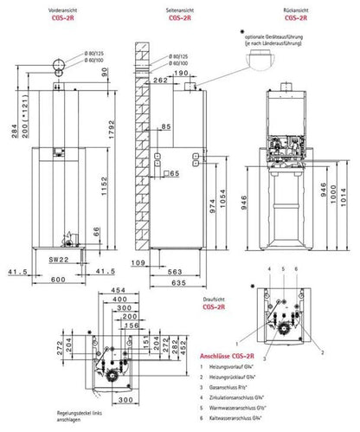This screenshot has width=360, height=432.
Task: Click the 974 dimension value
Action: click(x=209, y=209)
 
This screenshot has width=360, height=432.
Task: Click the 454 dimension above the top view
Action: click(x=119, y=290)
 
